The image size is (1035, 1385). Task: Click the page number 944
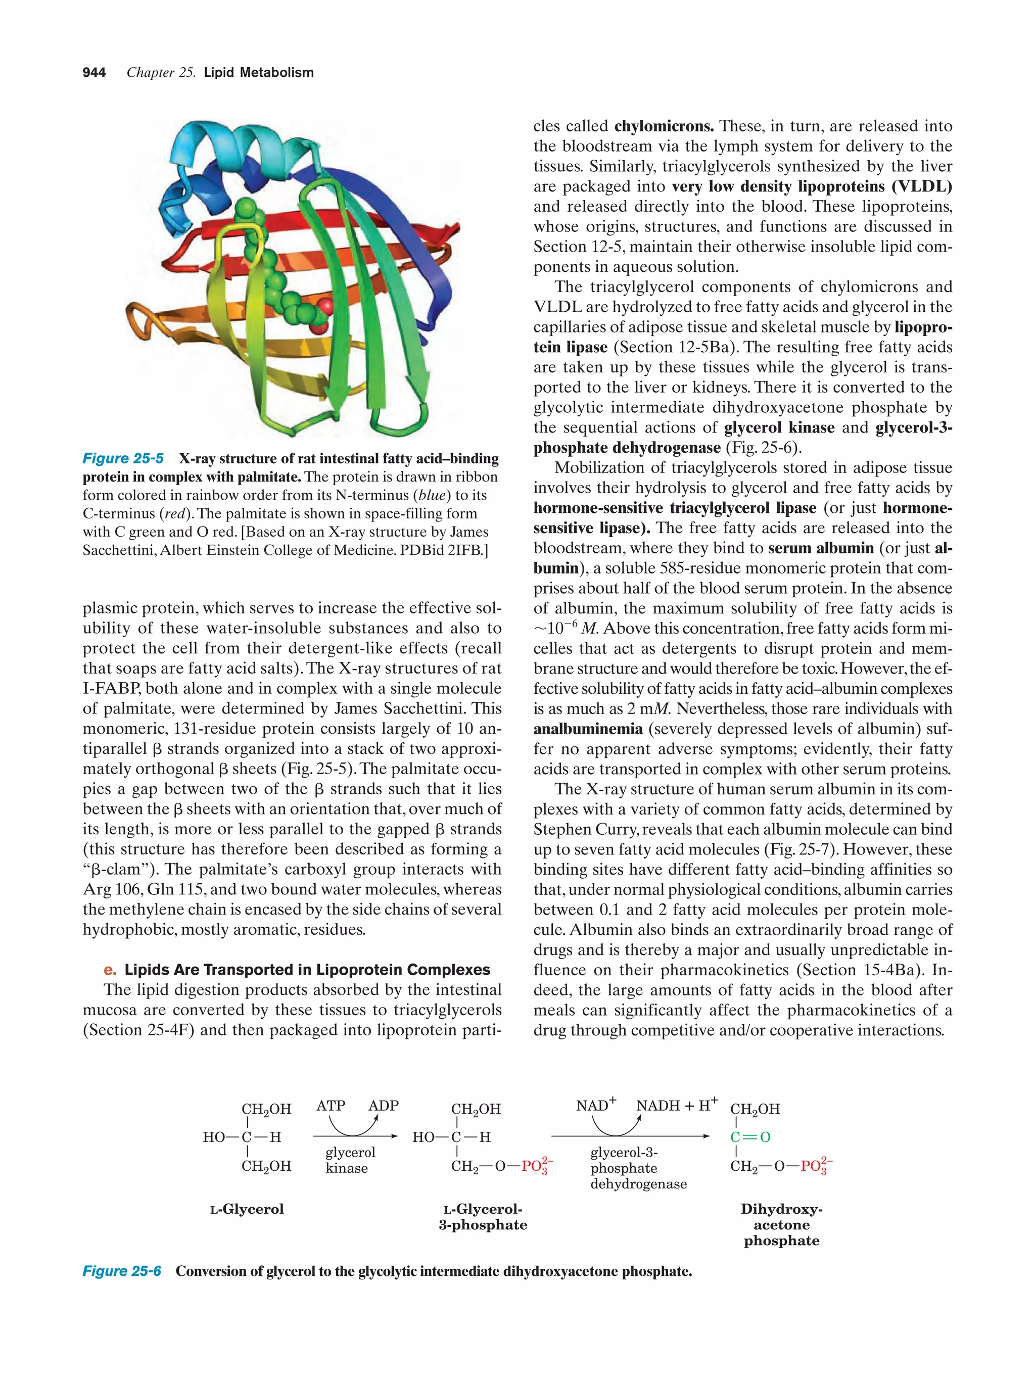coord(94,73)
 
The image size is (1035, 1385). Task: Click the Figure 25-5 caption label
coord(123,458)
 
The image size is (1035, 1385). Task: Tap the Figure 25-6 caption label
coord(121,1271)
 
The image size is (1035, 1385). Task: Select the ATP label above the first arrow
coord(331,1106)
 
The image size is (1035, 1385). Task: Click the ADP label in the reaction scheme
coord(383,1106)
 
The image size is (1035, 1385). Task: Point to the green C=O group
coord(750,1136)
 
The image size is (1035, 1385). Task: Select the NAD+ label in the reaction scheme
coord(595,1105)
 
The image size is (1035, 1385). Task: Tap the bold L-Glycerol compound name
coord(247,1209)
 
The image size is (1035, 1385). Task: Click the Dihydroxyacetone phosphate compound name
coord(781,1225)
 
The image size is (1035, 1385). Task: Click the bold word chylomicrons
coord(664,126)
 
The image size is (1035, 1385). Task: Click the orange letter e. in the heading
coord(110,970)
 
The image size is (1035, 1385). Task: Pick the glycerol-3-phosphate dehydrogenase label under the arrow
coord(638,1168)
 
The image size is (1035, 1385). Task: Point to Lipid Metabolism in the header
coord(259,73)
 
